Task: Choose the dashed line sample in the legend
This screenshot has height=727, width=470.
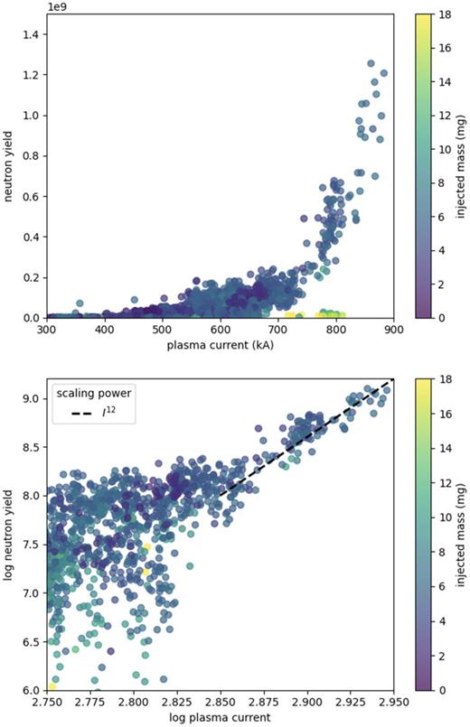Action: tap(71, 414)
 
